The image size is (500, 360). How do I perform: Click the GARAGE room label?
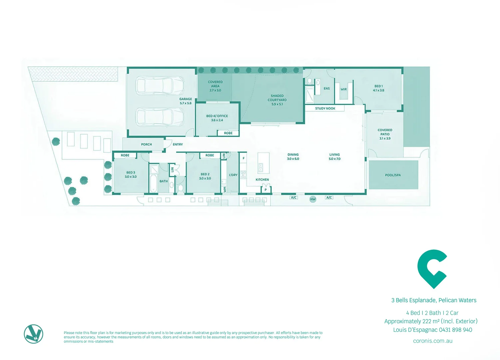tap(186, 99)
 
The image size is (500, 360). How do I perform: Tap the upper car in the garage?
tap(160, 86)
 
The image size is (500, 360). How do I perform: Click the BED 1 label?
tap(378, 86)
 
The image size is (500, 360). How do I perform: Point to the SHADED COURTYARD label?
tap(277, 98)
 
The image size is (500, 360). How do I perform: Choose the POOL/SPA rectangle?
tap(393, 175)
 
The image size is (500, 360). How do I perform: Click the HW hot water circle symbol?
tap(313, 199)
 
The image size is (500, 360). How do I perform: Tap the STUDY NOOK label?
tap(325, 108)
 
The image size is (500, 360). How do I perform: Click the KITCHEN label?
tap(262, 180)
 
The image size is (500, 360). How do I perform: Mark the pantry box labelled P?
tap(265, 190)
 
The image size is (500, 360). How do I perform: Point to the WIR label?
tap(344, 89)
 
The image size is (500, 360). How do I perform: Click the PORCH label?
tap(146, 144)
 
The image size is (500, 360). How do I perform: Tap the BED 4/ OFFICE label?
tap(217, 116)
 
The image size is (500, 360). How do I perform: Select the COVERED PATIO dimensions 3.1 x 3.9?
tap(385, 138)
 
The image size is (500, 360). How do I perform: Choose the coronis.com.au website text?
tap(432, 341)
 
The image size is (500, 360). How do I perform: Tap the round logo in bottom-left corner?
tap(34, 334)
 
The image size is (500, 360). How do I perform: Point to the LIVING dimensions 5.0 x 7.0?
tap(334, 159)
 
